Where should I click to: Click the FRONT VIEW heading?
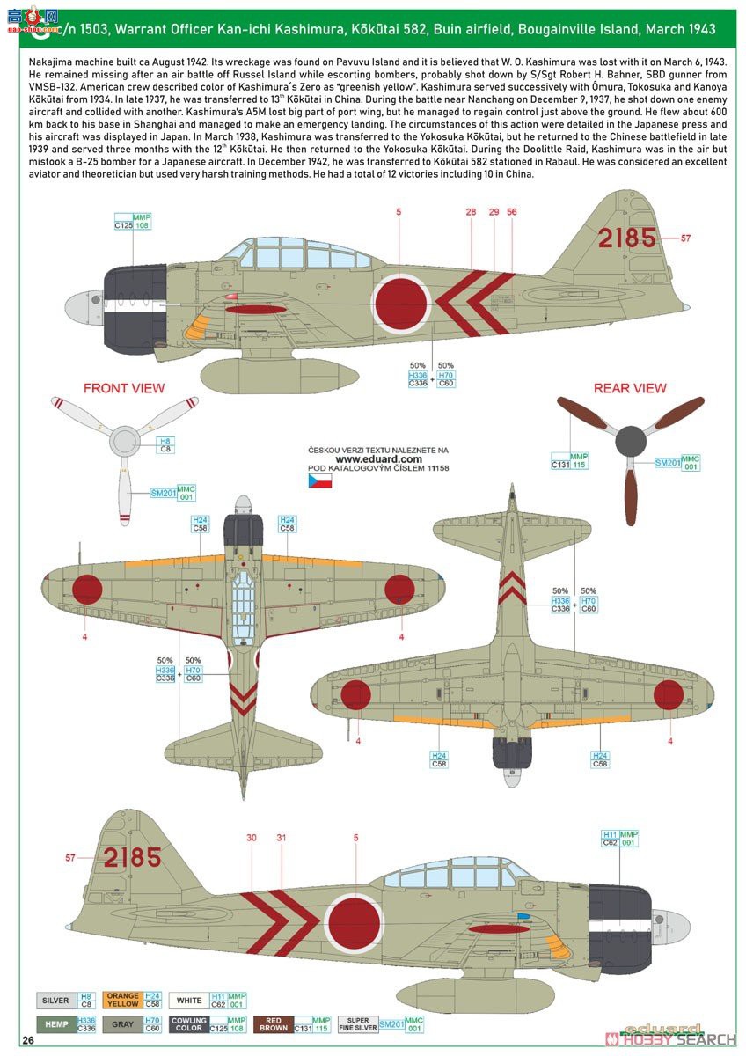[x=124, y=388]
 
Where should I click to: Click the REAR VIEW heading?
[x=630, y=388]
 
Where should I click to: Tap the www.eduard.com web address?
[x=378, y=458]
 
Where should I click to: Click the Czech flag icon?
[x=318, y=480]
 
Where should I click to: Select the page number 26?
[x=29, y=1041]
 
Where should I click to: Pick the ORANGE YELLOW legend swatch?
[x=122, y=1001]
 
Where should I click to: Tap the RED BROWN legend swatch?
[x=270, y=1024]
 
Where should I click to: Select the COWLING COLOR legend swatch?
[x=189, y=1024]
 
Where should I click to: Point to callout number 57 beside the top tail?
[x=686, y=238]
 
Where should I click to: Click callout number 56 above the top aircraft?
[x=512, y=212]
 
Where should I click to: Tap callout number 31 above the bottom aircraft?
[x=282, y=838]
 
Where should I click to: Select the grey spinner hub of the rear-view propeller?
[x=630, y=440]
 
